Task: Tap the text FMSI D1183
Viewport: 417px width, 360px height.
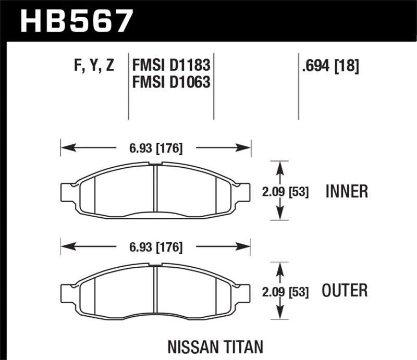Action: (171, 66)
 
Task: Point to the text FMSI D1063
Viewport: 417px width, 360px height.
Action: (171, 82)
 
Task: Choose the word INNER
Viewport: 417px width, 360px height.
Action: (347, 191)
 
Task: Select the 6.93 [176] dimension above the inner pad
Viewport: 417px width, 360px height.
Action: (156, 148)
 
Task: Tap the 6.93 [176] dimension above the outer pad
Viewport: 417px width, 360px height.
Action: (156, 247)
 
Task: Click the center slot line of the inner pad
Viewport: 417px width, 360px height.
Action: (155, 190)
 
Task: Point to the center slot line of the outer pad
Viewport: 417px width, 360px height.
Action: (155, 290)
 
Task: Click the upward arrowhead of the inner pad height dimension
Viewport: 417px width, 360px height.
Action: (280, 166)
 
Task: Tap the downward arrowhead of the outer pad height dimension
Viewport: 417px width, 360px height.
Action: (280, 315)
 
